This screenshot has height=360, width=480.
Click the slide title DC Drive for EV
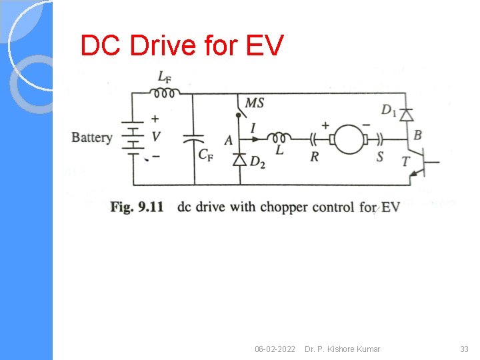[x=182, y=46]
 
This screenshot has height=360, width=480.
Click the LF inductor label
[x=164, y=77]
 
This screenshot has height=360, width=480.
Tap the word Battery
[x=92, y=137]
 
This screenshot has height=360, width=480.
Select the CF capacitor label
[x=206, y=155]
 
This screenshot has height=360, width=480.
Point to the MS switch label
[x=255, y=103]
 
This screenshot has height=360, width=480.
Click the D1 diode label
[x=389, y=109]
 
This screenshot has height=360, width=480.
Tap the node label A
[x=229, y=140]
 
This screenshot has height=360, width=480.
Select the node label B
[x=417, y=135]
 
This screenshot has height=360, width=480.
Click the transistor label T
[x=405, y=161]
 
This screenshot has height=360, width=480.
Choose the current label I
[x=253, y=127]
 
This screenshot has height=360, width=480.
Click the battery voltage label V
[x=155, y=137]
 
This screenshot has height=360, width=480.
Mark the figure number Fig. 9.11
[x=137, y=207]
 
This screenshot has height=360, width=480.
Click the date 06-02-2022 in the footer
[x=275, y=349]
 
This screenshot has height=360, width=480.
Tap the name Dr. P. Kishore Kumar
[x=342, y=349]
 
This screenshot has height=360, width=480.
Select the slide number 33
[x=464, y=349]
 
